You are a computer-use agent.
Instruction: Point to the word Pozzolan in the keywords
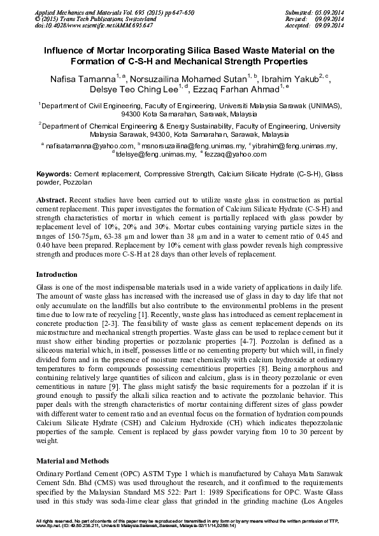point(75,181)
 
